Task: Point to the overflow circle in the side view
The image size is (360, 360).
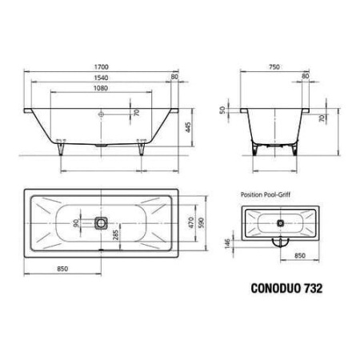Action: tap(101, 114)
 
